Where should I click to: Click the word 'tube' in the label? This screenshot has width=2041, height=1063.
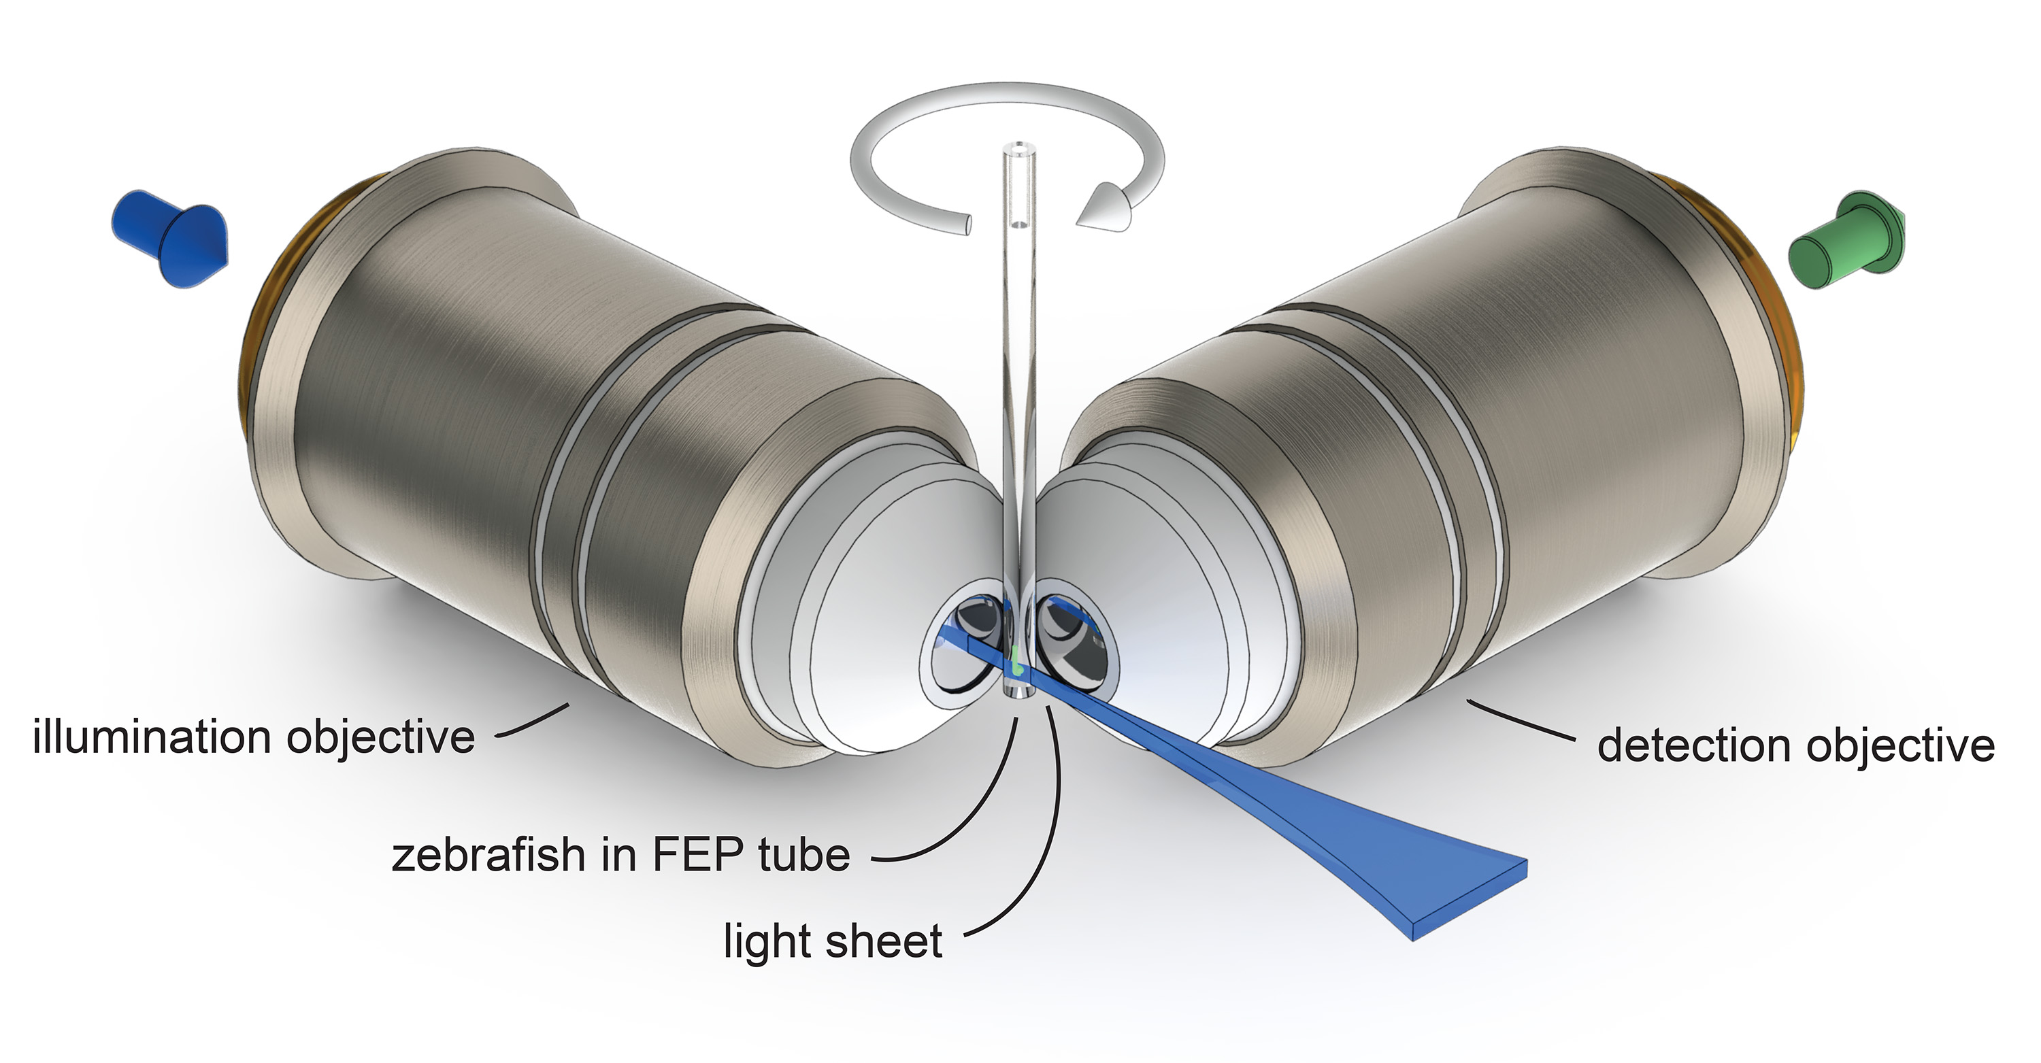[802, 856]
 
